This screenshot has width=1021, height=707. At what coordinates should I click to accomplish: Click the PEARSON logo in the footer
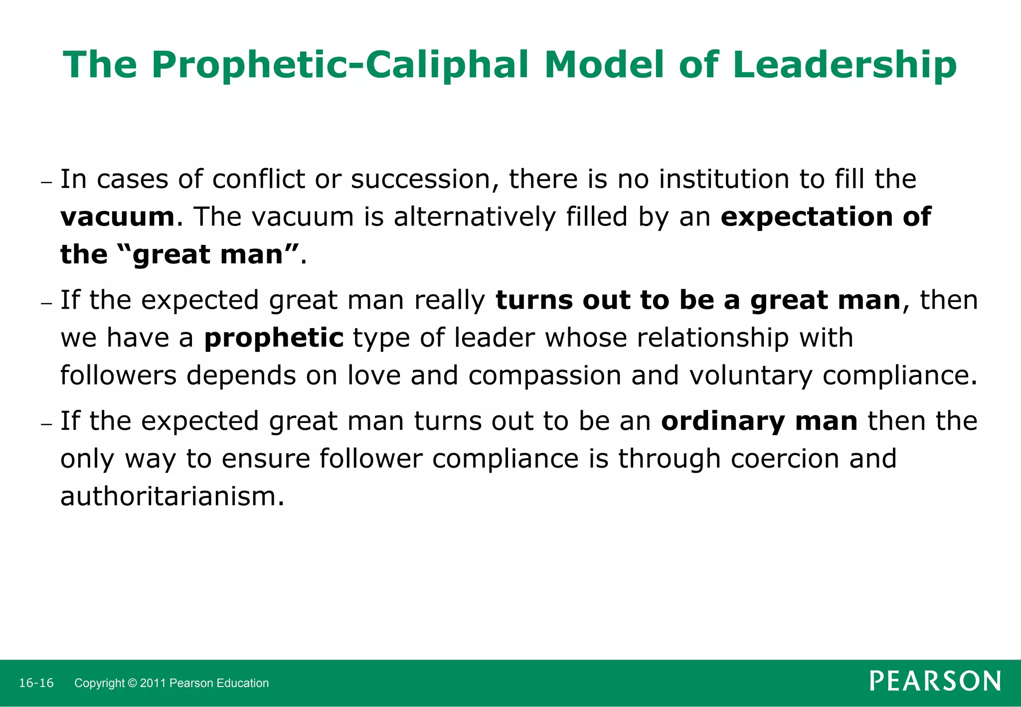coord(935,681)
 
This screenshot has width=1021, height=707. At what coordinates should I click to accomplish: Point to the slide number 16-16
coord(36,683)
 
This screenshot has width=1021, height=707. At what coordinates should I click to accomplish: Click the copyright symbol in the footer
coord(132,683)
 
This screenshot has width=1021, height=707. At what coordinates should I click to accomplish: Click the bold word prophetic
coord(274,338)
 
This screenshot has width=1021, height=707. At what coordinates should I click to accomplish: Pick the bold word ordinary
coord(723,421)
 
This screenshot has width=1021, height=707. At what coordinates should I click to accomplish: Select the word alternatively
coord(474,217)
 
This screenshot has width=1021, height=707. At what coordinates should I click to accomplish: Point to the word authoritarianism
coord(172,497)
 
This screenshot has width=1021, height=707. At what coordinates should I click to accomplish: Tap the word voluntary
coord(751,375)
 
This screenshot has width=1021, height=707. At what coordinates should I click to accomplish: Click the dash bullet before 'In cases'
coord(46,182)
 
